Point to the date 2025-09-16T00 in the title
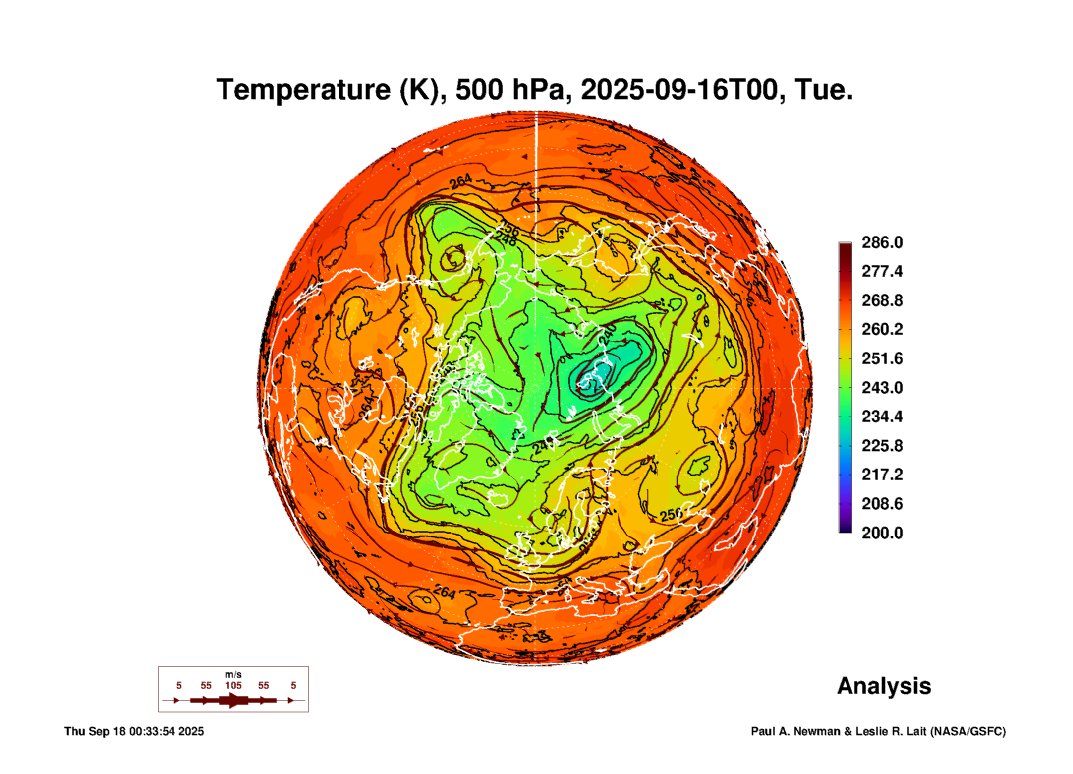pyautogui.click(x=679, y=90)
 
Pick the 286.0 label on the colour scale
pyautogui.click(x=882, y=242)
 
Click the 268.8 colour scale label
pyautogui.click(x=882, y=300)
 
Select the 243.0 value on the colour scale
pyautogui.click(x=882, y=387)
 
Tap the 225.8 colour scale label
pyautogui.click(x=882, y=446)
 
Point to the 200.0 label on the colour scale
pyautogui.click(x=882, y=533)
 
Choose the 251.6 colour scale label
pyautogui.click(x=882, y=358)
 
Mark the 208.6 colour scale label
pyautogui.click(x=882, y=504)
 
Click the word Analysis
pyautogui.click(x=884, y=686)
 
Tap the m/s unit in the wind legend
pyautogui.click(x=233, y=674)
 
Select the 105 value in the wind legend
pyautogui.click(x=233, y=685)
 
